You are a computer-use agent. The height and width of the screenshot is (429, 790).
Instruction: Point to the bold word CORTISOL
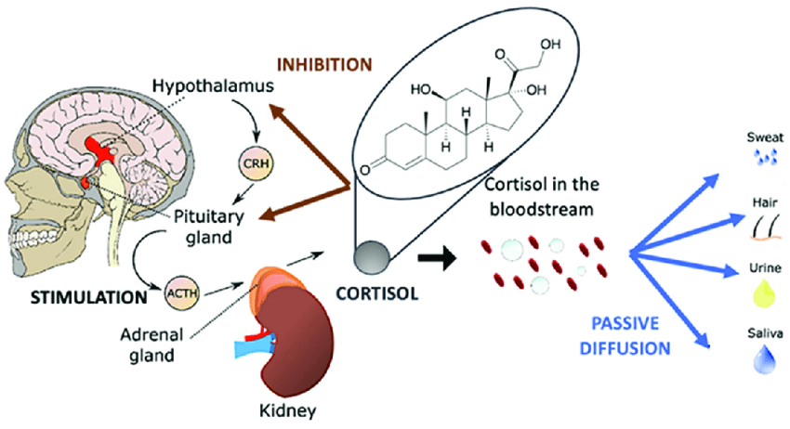(377, 295)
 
